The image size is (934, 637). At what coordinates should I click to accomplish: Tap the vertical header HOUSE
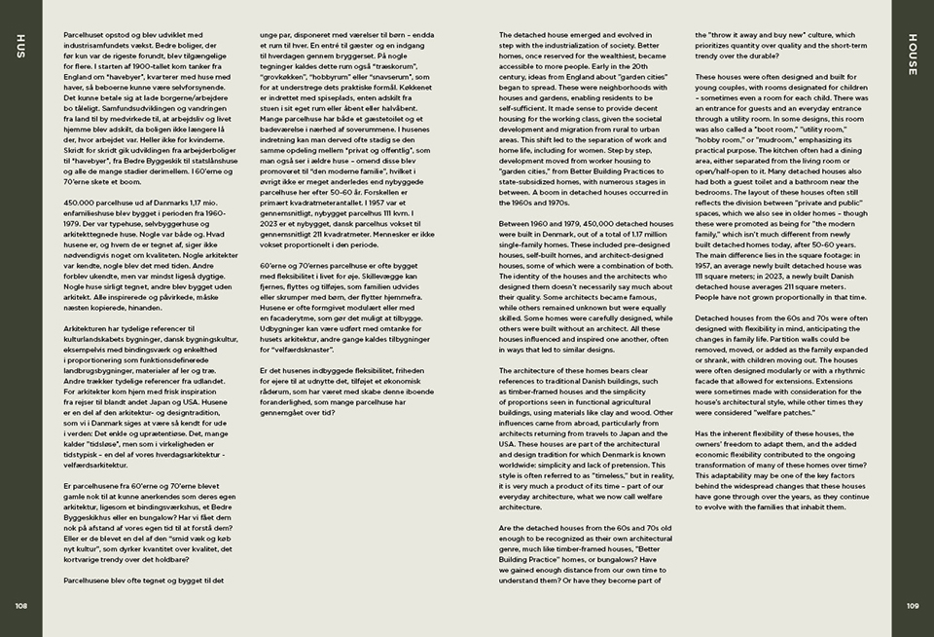click(x=912, y=49)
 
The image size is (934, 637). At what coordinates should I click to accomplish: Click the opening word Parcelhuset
click(x=83, y=34)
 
